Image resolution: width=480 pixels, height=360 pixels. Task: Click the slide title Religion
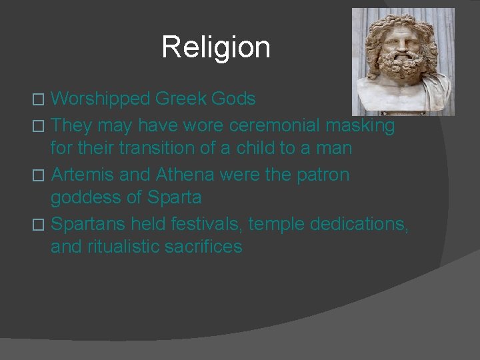[216, 47]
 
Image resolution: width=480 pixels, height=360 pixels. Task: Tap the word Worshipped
[99, 99]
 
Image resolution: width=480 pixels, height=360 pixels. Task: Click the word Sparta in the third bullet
[175, 198]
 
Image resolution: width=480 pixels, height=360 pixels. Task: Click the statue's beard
[402, 77]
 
